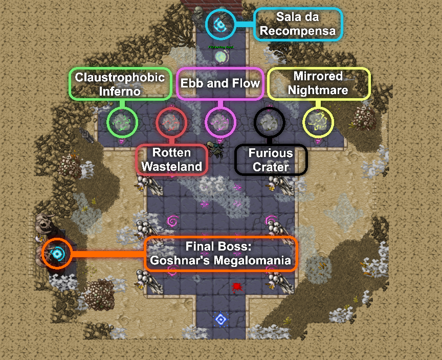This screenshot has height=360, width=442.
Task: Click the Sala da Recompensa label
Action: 298,24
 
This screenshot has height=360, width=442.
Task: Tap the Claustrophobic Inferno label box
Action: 120,84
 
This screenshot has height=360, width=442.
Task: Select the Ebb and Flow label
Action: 220,83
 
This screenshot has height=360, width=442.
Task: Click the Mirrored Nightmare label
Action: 318,83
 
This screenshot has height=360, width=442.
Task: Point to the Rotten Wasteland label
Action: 172,160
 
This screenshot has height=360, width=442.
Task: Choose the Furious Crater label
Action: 271,160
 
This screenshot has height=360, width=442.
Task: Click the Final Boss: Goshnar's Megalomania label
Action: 220,254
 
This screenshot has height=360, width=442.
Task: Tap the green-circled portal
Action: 122,122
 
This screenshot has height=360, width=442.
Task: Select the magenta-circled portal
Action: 220,122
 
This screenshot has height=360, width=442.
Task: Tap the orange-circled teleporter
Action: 57,253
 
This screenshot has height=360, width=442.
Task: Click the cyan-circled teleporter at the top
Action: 220,24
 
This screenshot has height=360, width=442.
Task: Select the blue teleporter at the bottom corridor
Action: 220,320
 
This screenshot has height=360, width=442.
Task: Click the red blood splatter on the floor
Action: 236,286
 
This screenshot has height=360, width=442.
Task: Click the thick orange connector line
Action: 107,254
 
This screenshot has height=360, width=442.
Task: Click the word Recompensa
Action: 298,31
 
